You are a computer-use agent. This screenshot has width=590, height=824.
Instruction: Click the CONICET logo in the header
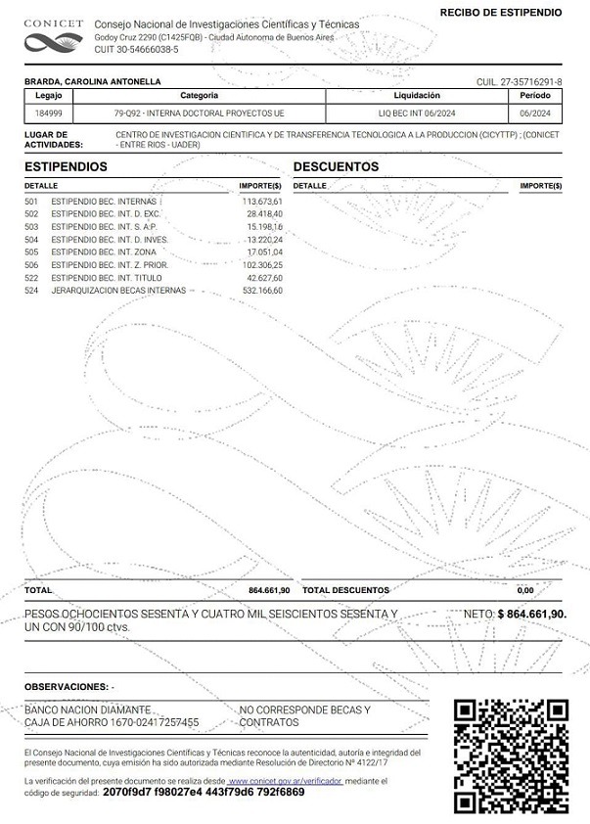[53, 35]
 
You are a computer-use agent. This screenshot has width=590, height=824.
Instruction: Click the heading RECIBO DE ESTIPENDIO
[501, 12]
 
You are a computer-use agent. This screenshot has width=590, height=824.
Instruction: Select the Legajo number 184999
[48, 114]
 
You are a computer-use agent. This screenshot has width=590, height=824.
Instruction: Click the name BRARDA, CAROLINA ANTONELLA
[92, 82]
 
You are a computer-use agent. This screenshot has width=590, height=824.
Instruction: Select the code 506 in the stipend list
[31, 264]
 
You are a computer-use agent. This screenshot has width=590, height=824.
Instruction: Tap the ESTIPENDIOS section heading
[66, 167]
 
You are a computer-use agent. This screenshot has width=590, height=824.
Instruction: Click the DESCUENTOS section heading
[336, 167]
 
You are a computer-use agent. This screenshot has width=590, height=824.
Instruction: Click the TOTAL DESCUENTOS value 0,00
[525, 590]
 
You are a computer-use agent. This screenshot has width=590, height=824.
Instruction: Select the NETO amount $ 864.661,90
[531, 614]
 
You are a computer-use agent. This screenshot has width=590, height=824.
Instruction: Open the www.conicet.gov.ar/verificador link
[285, 781]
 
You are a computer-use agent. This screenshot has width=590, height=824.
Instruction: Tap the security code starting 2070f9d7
[203, 792]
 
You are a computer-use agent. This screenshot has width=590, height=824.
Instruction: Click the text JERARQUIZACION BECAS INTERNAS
[117, 291]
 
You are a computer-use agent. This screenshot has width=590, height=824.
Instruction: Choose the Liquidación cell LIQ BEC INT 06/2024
[417, 114]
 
